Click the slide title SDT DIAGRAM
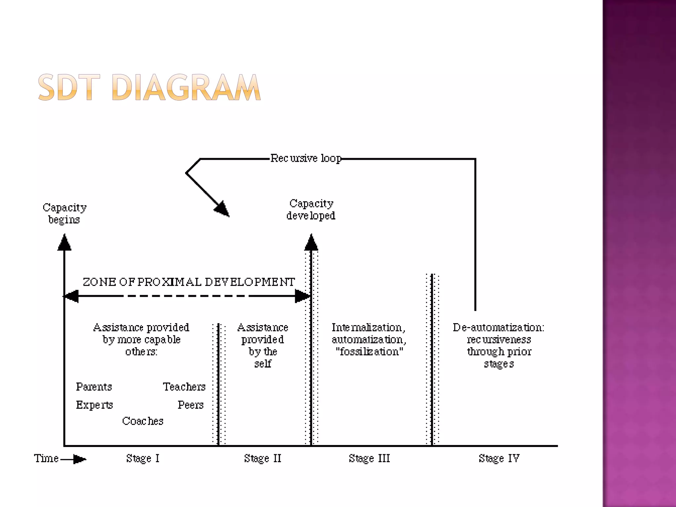[149, 87]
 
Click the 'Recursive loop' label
[306, 158]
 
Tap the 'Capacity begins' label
[64, 213]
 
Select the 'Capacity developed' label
[311, 209]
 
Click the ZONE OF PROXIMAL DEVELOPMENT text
[188, 282]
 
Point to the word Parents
[94, 387]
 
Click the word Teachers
[184, 387]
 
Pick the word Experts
[94, 405]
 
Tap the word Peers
[190, 405]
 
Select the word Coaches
[143, 421]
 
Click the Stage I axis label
[143, 458]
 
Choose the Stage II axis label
[263, 458]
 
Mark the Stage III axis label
[369, 458]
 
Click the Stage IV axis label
[499, 458]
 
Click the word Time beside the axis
[46, 458]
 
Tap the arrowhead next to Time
[79, 459]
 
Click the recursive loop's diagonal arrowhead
[222, 209]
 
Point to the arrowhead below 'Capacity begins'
[64, 243]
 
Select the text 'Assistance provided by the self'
[263, 345]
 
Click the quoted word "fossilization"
[369, 352]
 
